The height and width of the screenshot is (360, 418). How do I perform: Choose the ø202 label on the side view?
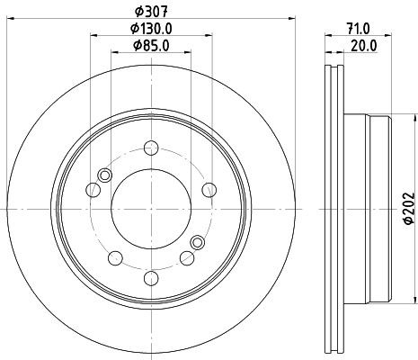coord(406,208)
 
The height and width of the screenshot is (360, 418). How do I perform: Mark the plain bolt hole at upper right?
coord(209,188)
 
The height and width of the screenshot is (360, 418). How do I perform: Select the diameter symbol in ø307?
coord(138,11)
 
